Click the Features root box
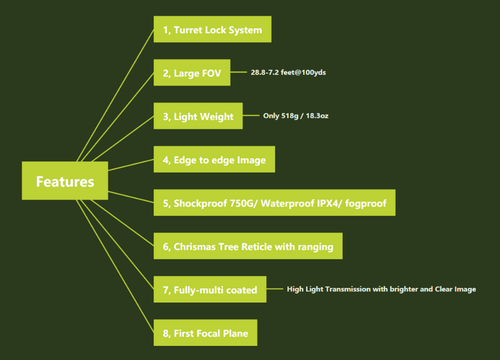click(x=65, y=180)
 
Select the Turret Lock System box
click(x=212, y=29)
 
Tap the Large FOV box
click(x=192, y=72)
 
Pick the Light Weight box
click(x=198, y=116)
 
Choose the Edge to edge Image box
click(x=214, y=159)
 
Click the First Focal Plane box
click(x=205, y=333)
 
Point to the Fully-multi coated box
click(x=210, y=289)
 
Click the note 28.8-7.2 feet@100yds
click(x=288, y=72)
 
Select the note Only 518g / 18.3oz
click(x=296, y=116)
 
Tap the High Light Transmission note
click(x=381, y=289)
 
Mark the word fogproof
click(x=366, y=204)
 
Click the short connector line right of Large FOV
click(x=238, y=72)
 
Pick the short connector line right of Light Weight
click(x=251, y=116)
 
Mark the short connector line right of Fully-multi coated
click(x=275, y=289)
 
